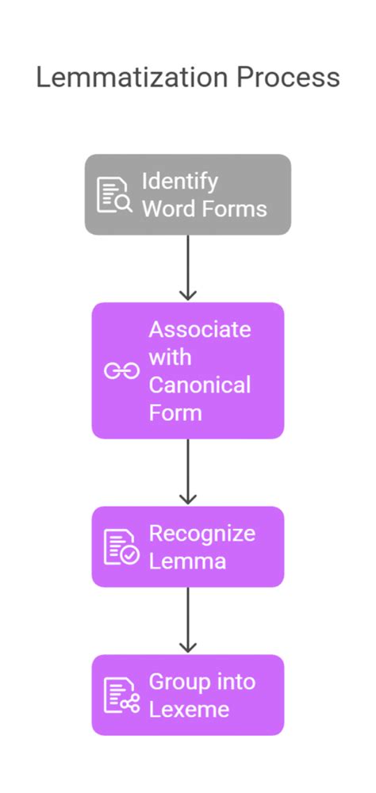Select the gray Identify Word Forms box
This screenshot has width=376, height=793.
188,195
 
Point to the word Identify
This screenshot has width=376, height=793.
179,182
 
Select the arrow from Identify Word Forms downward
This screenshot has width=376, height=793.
188,268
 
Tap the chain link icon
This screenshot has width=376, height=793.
121,371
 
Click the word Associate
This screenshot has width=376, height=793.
199,330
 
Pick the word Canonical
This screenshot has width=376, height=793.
199,385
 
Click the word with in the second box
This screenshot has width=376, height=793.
170,358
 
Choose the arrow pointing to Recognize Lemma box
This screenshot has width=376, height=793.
188,472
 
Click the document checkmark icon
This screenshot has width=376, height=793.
121,547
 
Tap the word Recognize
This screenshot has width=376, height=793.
201,534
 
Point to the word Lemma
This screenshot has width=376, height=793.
187,561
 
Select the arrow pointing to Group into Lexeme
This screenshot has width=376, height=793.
188,620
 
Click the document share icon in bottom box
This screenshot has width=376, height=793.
121,695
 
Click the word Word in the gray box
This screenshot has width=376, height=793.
170,209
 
